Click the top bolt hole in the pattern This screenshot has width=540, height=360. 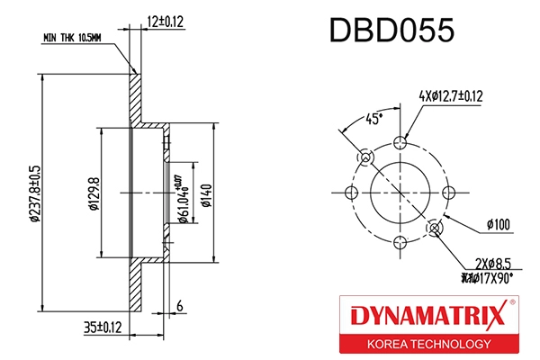click(401, 142)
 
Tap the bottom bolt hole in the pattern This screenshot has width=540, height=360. click(401, 241)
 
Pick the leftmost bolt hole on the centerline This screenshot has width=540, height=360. click(352, 192)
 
